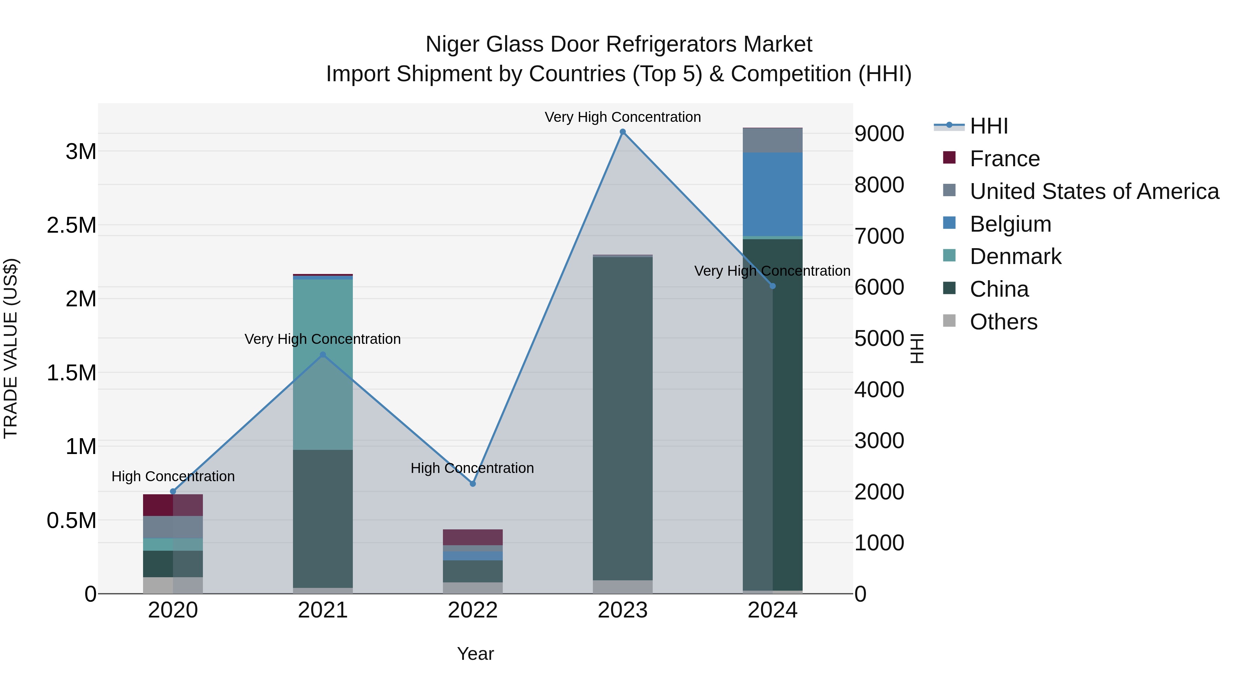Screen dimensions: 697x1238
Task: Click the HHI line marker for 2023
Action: (622, 132)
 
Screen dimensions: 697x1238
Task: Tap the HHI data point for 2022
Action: (473, 484)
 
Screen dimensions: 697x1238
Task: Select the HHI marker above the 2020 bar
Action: (173, 491)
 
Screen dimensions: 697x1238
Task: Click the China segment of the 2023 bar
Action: (622, 419)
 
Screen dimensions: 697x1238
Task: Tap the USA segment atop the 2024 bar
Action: (772, 140)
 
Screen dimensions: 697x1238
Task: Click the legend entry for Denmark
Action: (1015, 256)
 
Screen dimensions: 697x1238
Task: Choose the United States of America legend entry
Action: (1094, 191)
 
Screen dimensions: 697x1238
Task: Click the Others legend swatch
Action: (949, 321)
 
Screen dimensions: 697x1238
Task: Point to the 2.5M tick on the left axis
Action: (71, 225)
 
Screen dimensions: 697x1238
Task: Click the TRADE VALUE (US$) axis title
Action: (11, 348)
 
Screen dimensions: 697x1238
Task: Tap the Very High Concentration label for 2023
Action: (622, 117)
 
